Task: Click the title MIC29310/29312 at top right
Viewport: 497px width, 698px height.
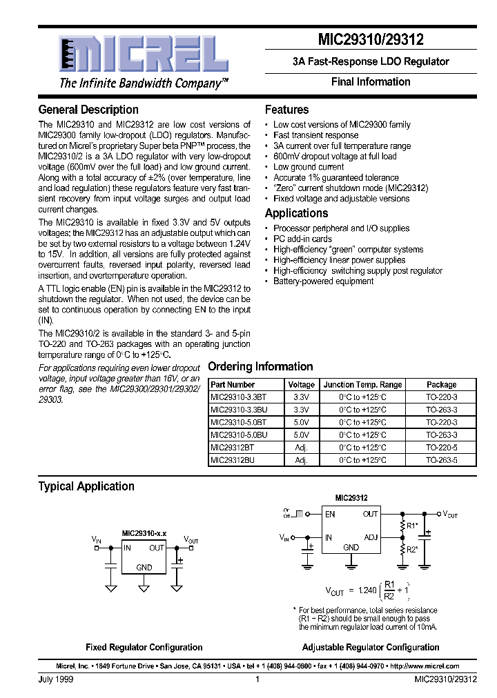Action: (371, 40)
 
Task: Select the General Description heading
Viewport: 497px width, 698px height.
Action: (88, 110)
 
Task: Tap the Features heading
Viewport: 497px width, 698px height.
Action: (286, 110)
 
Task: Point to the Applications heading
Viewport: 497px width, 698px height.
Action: (296, 213)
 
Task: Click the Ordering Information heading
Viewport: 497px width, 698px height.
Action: (260, 367)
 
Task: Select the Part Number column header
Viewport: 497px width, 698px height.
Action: (233, 385)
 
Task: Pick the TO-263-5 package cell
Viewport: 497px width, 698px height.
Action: (441, 459)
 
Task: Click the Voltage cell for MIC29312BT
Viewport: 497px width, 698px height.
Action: (301, 447)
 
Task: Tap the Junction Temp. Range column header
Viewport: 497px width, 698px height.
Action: (362, 385)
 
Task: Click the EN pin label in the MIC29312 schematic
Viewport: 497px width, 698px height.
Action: (330, 514)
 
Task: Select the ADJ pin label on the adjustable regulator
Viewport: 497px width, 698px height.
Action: (371, 537)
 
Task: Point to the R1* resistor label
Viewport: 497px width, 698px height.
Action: (412, 526)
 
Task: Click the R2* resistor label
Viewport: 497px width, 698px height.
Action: (412, 550)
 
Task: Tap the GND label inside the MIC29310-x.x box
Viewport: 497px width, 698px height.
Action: (144, 568)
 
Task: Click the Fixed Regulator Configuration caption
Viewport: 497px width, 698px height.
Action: (144, 648)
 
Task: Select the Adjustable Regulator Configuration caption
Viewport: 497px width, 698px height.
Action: (371, 648)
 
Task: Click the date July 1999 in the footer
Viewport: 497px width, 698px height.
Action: (56, 679)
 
